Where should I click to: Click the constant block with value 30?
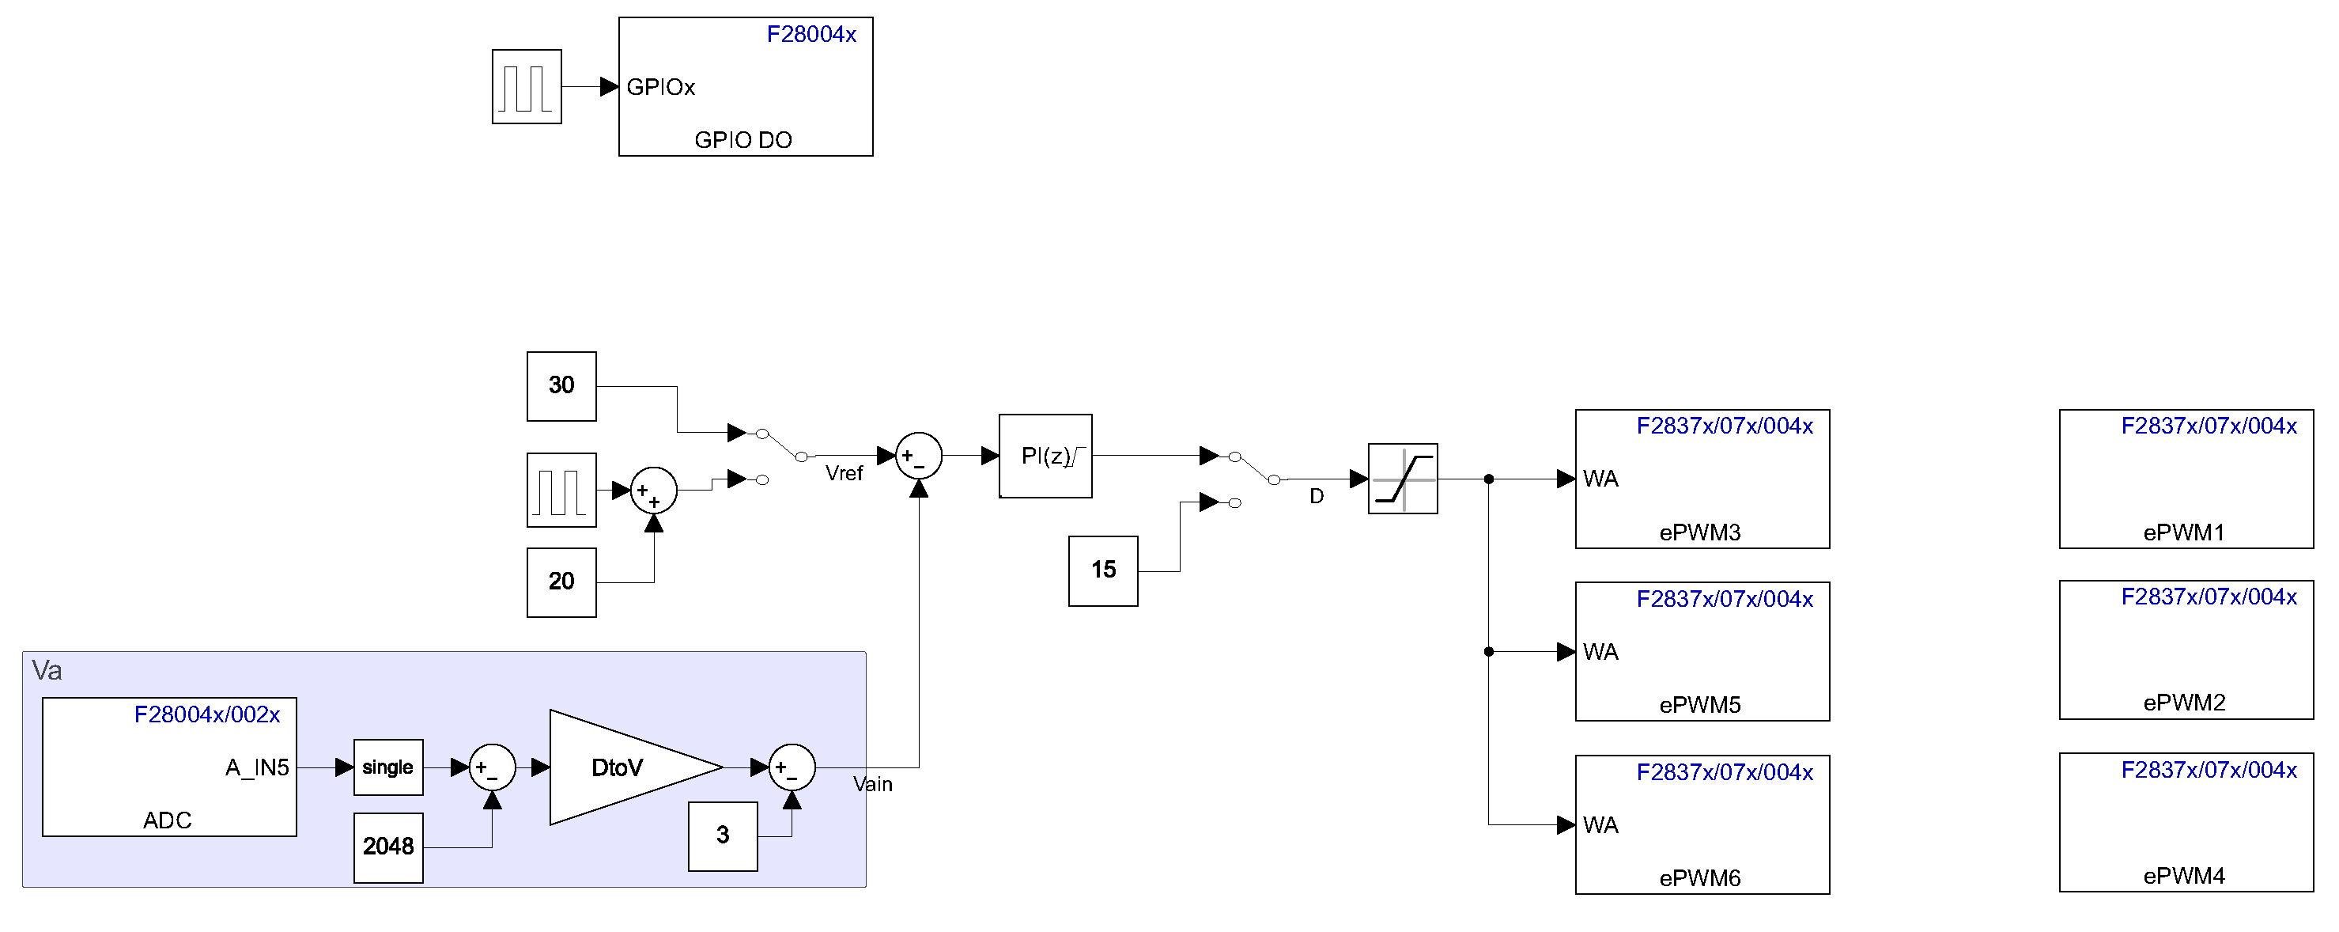[x=561, y=386]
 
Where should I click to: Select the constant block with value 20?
[x=561, y=582]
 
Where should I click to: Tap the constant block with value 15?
[x=1102, y=570]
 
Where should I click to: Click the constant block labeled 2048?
[x=387, y=847]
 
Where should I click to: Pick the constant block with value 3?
[x=722, y=835]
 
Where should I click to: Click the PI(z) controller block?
[x=1045, y=456]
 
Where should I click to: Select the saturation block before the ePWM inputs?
[x=1402, y=479]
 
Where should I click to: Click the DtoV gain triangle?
[x=626, y=767]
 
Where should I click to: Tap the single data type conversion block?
[x=387, y=767]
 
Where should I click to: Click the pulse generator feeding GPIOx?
[x=527, y=86]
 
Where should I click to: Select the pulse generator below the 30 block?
[x=561, y=491]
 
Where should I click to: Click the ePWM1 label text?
[x=2184, y=532]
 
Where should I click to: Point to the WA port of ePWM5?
[x=1600, y=651]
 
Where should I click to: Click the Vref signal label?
[x=844, y=473]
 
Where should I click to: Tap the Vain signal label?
[x=873, y=784]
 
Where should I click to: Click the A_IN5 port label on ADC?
[x=257, y=767]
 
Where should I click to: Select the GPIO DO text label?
[x=743, y=140]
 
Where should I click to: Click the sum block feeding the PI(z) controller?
[x=918, y=456]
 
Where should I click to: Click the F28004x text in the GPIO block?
[x=811, y=35]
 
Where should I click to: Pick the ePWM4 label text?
[x=2184, y=876]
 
